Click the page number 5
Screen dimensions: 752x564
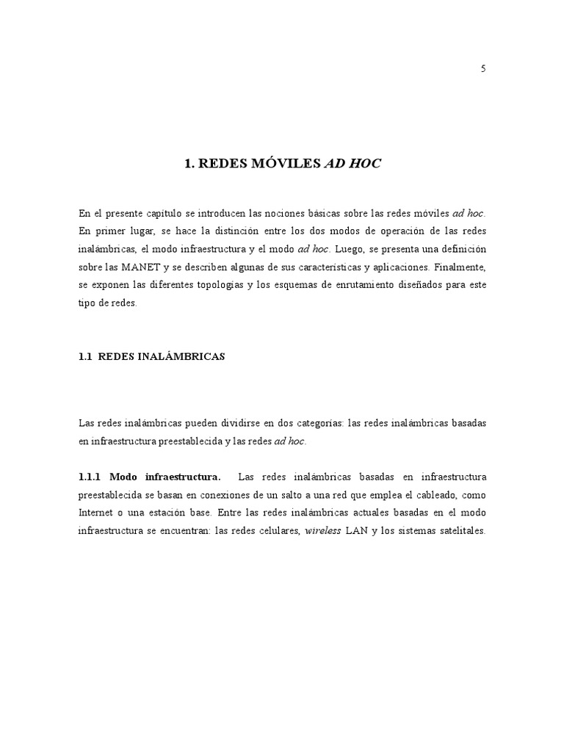point(482,69)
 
